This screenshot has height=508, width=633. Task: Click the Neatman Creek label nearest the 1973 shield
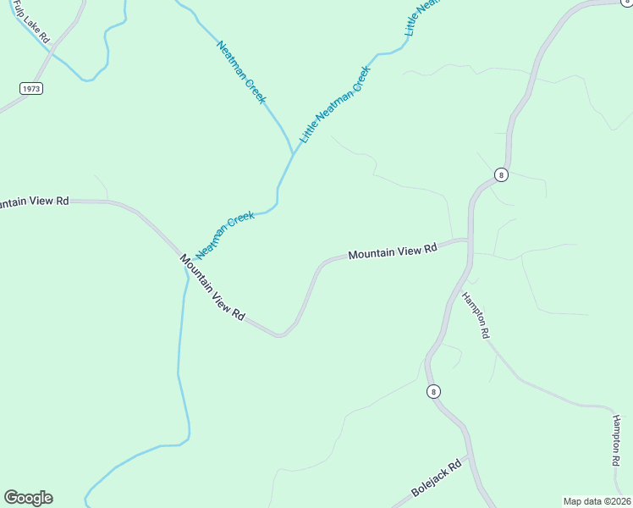coord(241,73)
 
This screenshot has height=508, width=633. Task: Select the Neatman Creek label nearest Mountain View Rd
coord(225,235)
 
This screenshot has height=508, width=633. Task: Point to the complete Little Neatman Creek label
coord(336,103)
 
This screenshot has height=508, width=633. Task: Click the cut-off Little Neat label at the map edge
coord(423,16)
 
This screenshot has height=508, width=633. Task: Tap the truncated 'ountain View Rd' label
coord(34,202)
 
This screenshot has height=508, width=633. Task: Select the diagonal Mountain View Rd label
coord(212,288)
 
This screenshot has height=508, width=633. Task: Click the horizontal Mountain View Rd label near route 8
coord(393,251)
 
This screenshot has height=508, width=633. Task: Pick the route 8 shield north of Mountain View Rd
coord(502,175)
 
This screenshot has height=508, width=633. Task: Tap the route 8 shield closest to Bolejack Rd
coord(433,391)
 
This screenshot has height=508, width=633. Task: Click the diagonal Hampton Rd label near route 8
coord(476,316)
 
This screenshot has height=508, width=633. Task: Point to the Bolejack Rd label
coord(437,478)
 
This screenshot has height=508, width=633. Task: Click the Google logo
coord(28,498)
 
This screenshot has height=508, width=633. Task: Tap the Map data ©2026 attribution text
coord(597,501)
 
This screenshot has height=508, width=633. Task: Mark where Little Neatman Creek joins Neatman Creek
coord(293,154)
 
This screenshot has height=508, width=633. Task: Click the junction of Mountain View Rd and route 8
coord(470,240)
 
